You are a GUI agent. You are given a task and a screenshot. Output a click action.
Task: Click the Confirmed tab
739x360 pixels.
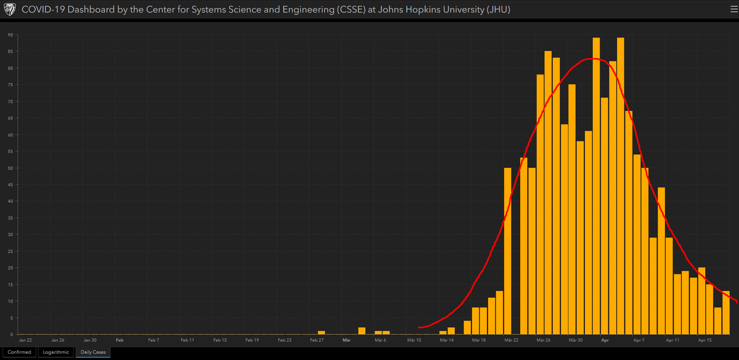[x=19, y=352]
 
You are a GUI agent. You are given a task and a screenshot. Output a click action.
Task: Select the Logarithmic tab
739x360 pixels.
[x=55, y=352]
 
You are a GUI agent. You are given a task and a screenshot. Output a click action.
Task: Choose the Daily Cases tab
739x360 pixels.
[x=93, y=352]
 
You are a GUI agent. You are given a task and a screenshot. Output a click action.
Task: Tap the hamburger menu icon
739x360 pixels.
[x=733, y=9]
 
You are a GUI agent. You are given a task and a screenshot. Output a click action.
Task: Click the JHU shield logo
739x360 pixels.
[x=9, y=9]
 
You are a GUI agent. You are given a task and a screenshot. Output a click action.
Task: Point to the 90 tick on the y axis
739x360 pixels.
[x=10, y=35]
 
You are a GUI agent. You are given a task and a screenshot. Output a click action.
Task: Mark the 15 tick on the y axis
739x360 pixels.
[x=10, y=285]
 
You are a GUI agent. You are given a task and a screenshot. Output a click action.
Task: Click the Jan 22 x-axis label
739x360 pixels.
[x=25, y=340]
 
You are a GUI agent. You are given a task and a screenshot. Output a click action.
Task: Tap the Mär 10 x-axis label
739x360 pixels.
[x=414, y=340]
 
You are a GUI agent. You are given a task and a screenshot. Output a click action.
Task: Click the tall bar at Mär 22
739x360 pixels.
[x=508, y=251]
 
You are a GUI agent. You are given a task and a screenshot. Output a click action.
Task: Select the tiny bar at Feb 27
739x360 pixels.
[x=322, y=333]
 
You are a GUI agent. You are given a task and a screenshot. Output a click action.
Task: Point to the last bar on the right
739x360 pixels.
[x=726, y=313]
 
